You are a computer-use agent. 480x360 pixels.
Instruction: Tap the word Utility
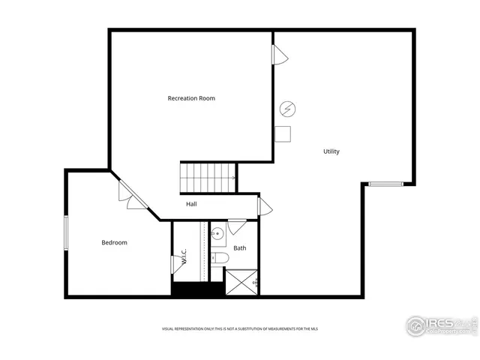(331, 151)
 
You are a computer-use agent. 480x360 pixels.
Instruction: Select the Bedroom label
(115, 242)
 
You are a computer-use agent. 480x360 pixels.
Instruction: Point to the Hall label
(192, 204)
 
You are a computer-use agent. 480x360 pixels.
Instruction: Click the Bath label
(240, 247)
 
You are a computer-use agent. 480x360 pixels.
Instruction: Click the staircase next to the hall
(208, 178)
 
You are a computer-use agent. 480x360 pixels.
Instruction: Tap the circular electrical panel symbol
(286, 109)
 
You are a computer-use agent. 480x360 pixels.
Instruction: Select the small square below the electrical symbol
(283, 133)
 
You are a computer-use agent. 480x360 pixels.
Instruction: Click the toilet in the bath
(219, 258)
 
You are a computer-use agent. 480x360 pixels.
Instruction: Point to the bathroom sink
(217, 234)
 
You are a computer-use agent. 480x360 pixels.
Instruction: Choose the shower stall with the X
(241, 282)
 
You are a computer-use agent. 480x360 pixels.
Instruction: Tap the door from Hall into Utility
(265, 206)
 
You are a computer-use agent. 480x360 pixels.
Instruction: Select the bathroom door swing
(237, 226)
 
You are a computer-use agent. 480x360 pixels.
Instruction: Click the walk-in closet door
(178, 263)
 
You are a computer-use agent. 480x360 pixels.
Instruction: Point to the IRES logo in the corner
(441, 325)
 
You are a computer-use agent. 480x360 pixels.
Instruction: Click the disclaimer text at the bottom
(239, 329)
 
